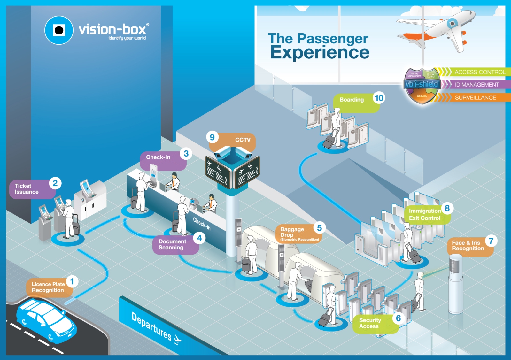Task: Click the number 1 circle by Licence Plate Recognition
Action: point(72,281)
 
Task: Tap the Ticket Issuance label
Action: point(27,189)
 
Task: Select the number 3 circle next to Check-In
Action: point(186,154)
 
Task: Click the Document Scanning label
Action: point(173,245)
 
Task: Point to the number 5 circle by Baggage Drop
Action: point(319,228)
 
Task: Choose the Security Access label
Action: point(370,323)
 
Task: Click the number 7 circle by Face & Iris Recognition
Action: point(491,241)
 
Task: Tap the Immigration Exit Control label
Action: point(424,215)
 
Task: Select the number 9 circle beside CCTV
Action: point(212,137)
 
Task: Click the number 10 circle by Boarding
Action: point(379,98)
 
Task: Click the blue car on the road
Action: point(47,320)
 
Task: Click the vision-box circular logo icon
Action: point(59,30)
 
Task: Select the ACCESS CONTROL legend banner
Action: point(480,72)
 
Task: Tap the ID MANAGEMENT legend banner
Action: point(476,85)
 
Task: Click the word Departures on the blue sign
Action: point(151,326)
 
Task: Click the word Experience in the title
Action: point(320,52)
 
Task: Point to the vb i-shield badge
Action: point(422,85)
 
